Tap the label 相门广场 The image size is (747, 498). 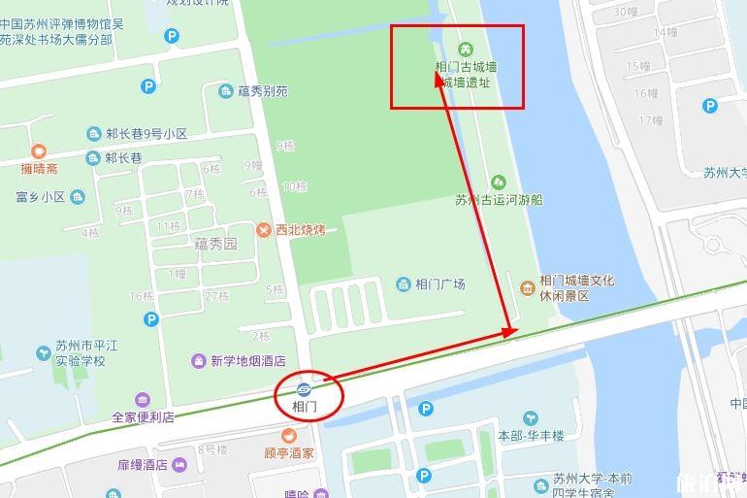pos(439,284)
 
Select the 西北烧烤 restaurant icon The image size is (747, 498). pos(263,230)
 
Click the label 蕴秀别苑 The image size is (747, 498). pos(263,92)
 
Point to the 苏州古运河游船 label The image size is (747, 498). pos(499,200)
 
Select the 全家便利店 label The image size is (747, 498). pos(143,417)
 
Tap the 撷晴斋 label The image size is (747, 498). pos(39,168)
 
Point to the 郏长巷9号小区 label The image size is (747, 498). pos(146,134)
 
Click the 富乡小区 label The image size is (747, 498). pos(40,197)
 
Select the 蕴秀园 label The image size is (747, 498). pos(215,244)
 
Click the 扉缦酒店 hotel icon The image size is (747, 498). pos(180,466)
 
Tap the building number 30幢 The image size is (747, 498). pos(626,12)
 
